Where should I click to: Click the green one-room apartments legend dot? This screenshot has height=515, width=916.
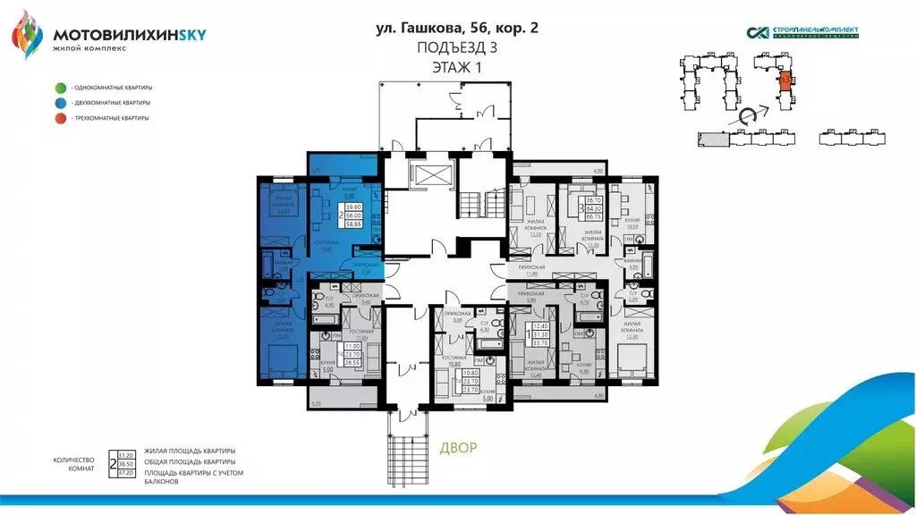point(59,88)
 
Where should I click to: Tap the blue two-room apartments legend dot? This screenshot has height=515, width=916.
point(59,103)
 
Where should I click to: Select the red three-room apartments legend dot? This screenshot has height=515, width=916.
point(59,118)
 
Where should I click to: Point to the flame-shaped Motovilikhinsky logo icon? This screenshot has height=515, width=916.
point(27,34)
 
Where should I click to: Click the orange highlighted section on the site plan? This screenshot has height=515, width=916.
point(785,81)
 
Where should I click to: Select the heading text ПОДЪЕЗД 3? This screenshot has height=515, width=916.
point(457,48)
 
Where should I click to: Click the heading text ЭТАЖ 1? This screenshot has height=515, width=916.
point(457,67)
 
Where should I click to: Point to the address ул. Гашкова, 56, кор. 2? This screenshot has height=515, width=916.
point(457,29)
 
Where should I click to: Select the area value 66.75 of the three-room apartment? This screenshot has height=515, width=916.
point(592,216)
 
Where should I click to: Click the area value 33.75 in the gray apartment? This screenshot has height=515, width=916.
point(539,342)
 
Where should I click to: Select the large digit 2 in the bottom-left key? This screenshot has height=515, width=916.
point(111,462)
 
